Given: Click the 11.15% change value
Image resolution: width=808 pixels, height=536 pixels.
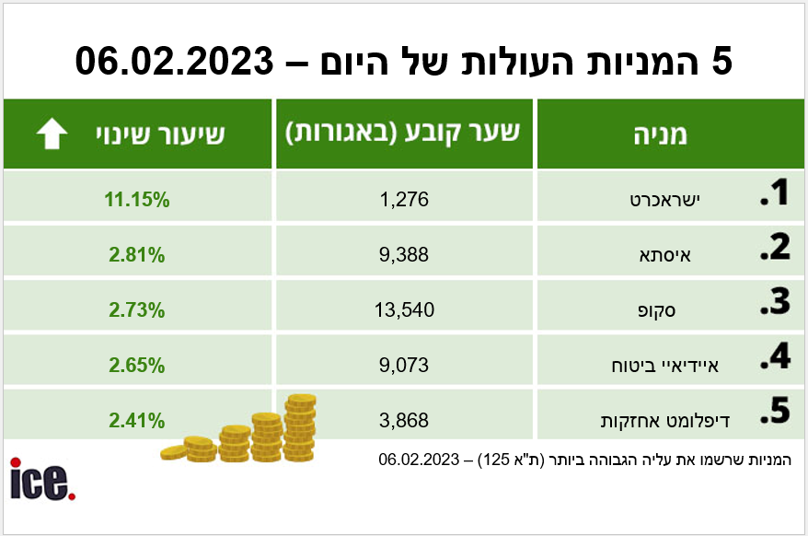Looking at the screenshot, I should (137, 199).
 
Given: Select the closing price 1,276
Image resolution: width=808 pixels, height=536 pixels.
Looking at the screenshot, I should (404, 199).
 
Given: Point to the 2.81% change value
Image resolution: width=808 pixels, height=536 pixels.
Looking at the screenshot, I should (137, 255).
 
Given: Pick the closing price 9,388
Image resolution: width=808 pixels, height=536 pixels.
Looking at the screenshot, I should (404, 255).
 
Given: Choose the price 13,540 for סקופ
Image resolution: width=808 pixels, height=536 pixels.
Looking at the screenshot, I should (404, 310).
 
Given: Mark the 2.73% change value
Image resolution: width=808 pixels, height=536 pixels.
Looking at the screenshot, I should (137, 310).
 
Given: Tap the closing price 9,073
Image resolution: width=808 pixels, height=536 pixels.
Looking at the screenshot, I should (404, 366).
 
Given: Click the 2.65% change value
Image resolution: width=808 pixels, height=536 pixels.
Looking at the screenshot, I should (137, 366).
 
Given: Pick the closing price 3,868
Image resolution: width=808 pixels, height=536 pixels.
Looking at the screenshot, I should (404, 421).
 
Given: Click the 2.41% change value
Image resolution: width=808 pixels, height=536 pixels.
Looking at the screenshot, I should (137, 421).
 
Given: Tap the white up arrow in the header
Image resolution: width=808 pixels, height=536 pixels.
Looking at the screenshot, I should (52, 134).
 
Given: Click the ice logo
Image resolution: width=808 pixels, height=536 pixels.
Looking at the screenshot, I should (41, 479).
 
